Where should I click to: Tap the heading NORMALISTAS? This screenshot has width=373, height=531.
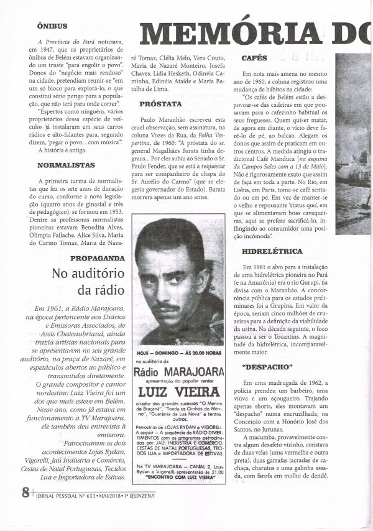pos(66,165)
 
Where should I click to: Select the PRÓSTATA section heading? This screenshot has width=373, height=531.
pos(161,104)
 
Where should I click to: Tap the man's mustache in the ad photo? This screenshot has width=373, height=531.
pos(166,307)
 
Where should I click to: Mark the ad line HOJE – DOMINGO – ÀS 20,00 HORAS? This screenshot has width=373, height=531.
pos(179,351)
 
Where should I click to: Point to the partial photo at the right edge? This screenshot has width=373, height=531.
pos(355,155)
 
